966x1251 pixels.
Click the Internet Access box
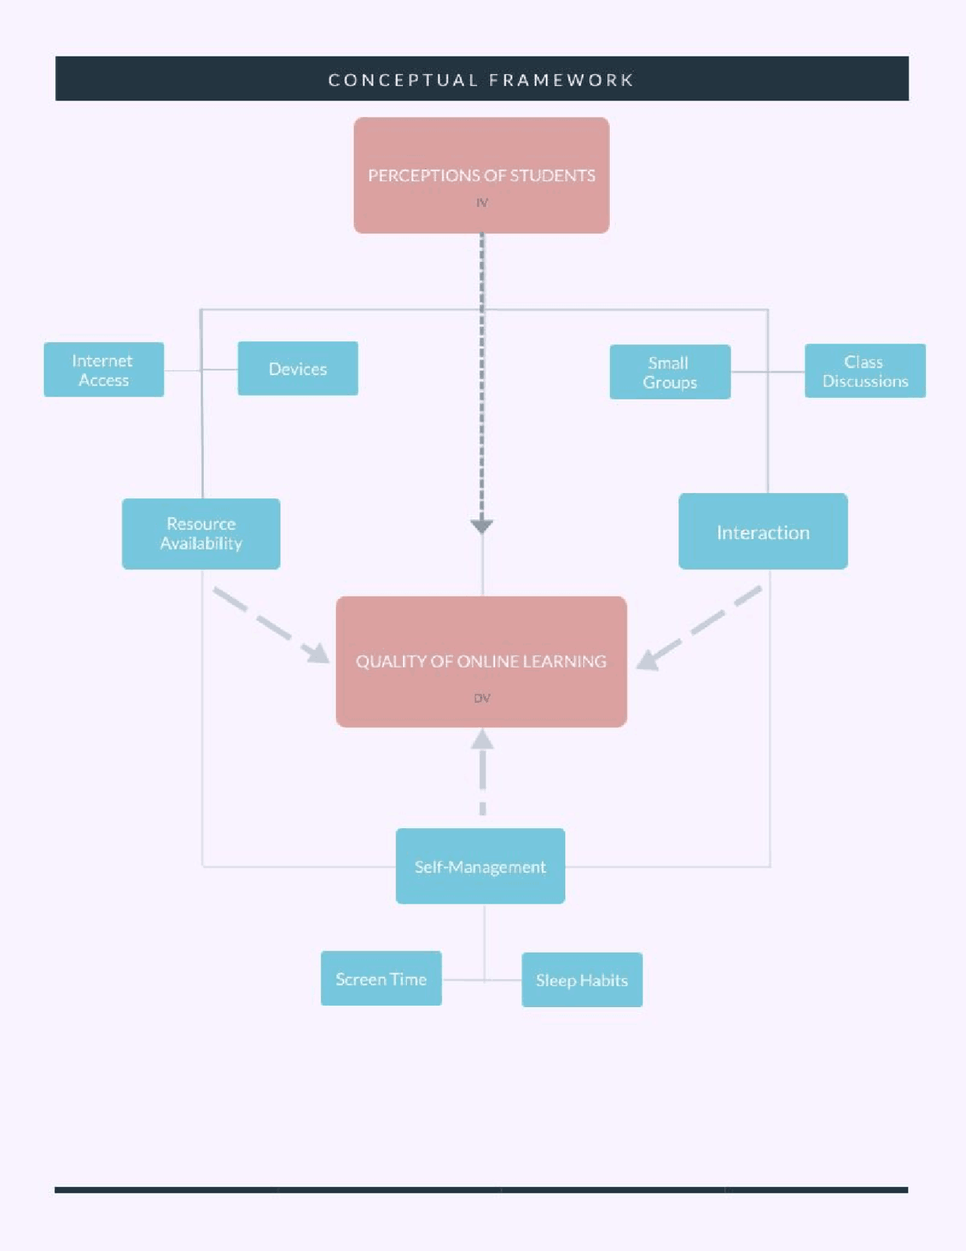(x=103, y=370)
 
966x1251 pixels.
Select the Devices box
(x=297, y=368)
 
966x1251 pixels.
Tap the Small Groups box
(x=669, y=372)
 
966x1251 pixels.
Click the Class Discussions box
(x=864, y=371)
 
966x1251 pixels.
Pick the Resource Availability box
(x=201, y=533)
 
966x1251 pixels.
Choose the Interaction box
(x=762, y=532)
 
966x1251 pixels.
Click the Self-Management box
(x=480, y=866)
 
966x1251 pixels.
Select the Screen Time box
(x=380, y=978)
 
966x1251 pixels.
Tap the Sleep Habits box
(x=581, y=980)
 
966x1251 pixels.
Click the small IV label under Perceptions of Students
(x=481, y=202)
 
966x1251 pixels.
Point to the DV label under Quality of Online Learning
(x=481, y=698)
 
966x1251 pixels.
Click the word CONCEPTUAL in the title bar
(x=403, y=80)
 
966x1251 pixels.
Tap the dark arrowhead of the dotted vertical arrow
(x=481, y=525)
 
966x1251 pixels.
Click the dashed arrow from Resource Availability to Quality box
(x=272, y=625)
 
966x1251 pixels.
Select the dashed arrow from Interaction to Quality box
(x=698, y=628)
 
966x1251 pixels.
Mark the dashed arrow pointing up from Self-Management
(x=482, y=770)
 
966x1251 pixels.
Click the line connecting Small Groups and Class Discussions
(x=767, y=372)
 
